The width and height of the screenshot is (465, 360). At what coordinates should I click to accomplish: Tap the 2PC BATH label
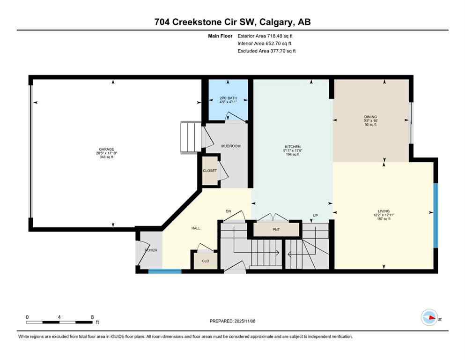(228, 98)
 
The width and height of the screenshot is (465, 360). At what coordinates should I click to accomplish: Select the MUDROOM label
(230, 146)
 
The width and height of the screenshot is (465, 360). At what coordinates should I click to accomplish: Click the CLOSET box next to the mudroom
(209, 171)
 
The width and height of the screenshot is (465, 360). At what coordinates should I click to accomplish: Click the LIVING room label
(384, 211)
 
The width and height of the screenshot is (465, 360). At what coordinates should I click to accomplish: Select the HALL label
(196, 228)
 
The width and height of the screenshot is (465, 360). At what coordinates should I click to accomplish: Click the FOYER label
(150, 250)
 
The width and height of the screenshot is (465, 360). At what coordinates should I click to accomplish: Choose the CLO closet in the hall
(205, 261)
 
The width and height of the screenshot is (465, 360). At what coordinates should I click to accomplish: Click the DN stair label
(229, 211)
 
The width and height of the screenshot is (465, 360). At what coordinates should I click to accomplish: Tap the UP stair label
(316, 216)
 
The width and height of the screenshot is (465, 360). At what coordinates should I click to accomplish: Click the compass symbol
(429, 317)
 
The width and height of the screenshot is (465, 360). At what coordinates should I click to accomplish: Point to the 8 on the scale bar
(92, 317)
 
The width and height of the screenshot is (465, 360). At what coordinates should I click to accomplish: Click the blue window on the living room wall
(435, 215)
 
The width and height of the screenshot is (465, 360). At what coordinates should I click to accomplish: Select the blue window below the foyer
(165, 271)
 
